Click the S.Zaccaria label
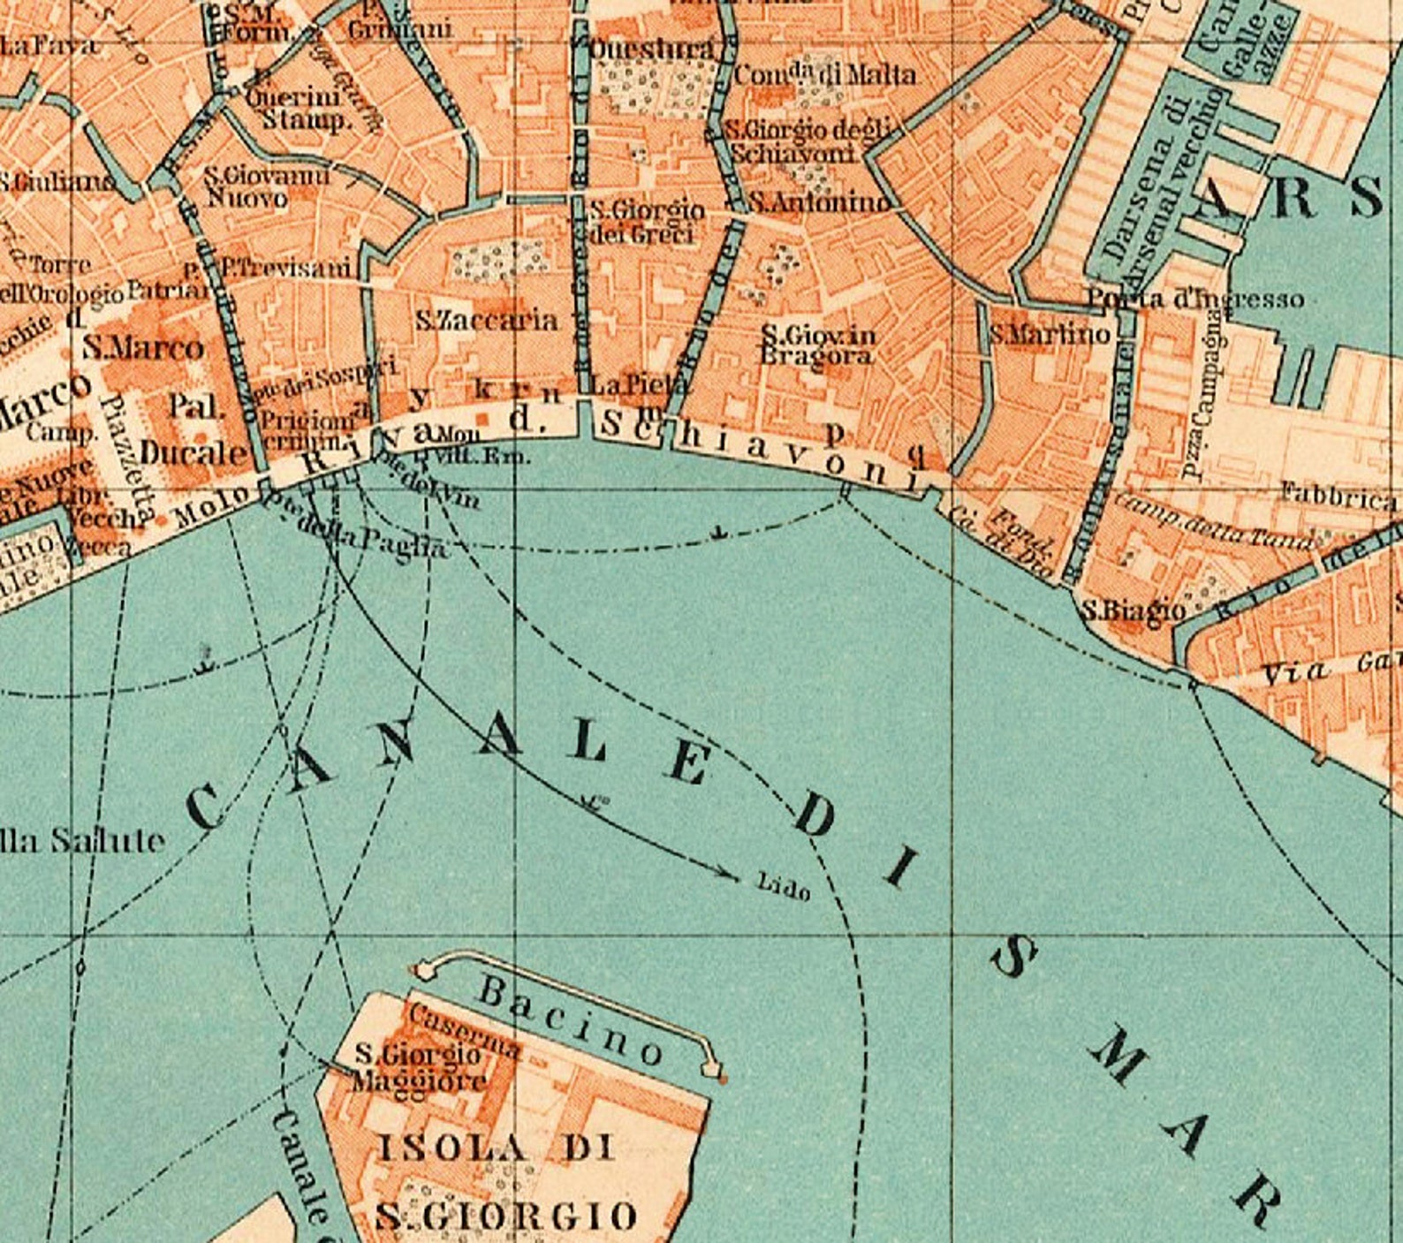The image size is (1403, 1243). [487, 320]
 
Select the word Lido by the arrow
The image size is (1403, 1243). [784, 886]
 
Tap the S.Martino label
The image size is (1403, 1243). [1050, 334]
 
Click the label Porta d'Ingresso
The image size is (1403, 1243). [1194, 299]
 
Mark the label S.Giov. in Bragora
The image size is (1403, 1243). [818, 345]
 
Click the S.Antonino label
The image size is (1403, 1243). [820, 203]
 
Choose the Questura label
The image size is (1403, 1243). [651, 49]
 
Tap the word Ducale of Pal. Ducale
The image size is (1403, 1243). [193, 452]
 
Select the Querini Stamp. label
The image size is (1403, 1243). [300, 108]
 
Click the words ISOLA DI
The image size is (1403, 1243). [495, 1148]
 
